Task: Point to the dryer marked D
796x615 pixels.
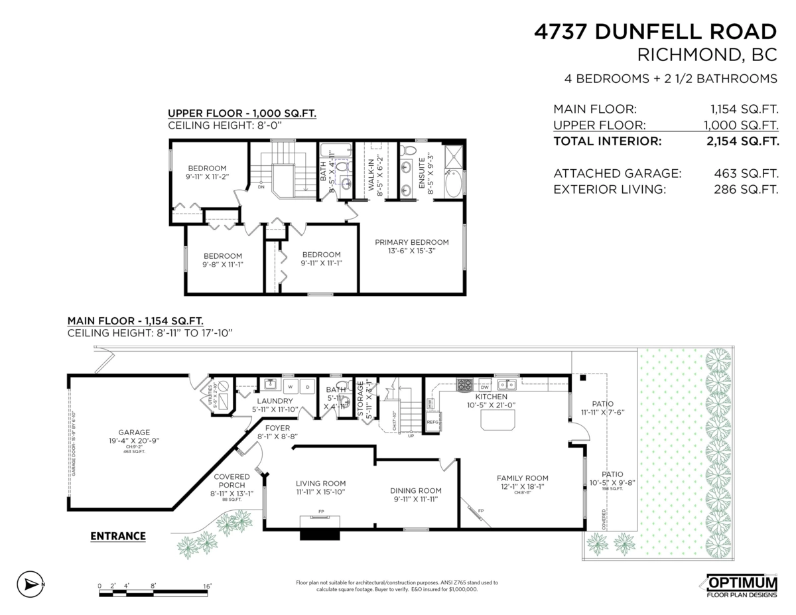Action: [307, 386]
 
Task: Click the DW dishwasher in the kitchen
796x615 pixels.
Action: [484, 387]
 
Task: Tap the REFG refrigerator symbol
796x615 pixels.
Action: [432, 422]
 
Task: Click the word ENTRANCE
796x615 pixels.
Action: [117, 536]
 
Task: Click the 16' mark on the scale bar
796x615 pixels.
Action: [207, 586]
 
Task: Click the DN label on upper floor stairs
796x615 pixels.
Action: [261, 188]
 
